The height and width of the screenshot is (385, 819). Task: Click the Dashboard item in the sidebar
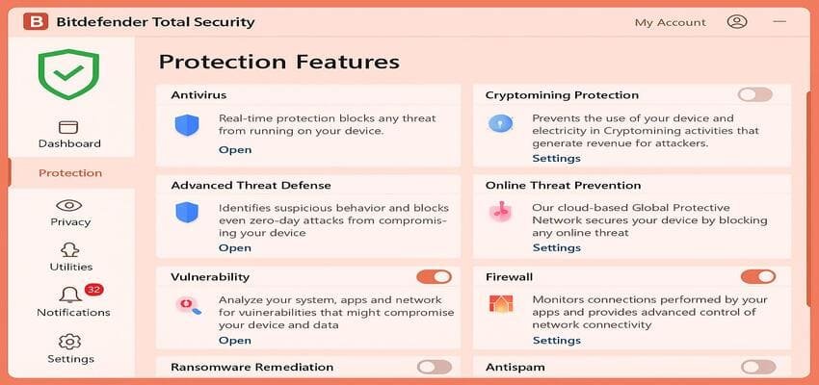tap(68, 134)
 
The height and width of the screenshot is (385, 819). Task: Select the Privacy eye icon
tap(68, 205)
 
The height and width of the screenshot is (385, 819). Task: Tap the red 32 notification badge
tap(93, 290)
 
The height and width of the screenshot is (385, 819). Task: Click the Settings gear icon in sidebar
tap(69, 342)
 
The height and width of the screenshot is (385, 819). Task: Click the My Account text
tap(670, 22)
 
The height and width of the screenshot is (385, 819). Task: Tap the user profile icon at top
tap(737, 21)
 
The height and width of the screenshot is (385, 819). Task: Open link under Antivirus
tap(234, 149)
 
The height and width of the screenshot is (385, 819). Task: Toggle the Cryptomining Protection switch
tap(755, 94)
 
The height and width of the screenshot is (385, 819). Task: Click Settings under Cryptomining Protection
tap(556, 158)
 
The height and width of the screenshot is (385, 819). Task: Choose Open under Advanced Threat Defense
tap(234, 247)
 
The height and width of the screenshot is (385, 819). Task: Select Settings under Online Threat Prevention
tap(556, 247)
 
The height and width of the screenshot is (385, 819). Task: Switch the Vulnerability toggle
tap(434, 277)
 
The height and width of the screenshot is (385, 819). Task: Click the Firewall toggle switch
tap(757, 277)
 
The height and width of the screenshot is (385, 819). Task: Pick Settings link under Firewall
tap(556, 340)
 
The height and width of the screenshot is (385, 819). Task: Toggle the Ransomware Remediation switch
tap(434, 367)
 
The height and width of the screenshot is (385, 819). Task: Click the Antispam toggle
tap(757, 367)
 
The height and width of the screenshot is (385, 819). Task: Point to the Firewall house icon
tap(501, 304)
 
